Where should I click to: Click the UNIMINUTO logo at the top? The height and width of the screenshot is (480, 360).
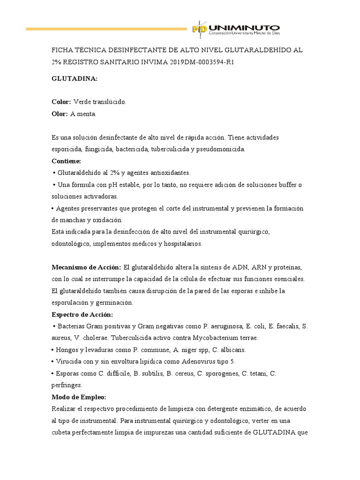click(236, 29)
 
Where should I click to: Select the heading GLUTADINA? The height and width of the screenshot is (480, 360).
click(74, 79)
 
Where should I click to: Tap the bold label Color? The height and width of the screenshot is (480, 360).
click(61, 102)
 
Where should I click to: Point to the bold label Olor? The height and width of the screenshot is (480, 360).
click(60, 113)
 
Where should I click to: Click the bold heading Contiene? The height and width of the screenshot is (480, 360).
click(66, 161)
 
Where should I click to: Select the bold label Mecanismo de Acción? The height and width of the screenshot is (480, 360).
click(86, 267)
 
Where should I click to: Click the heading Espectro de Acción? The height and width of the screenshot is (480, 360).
click(82, 314)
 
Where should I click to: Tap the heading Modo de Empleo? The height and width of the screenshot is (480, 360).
click(79, 397)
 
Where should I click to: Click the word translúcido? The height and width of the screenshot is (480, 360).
click(109, 102)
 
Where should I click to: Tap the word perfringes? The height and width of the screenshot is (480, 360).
click(67, 385)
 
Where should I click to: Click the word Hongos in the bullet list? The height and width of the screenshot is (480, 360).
click(67, 350)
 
